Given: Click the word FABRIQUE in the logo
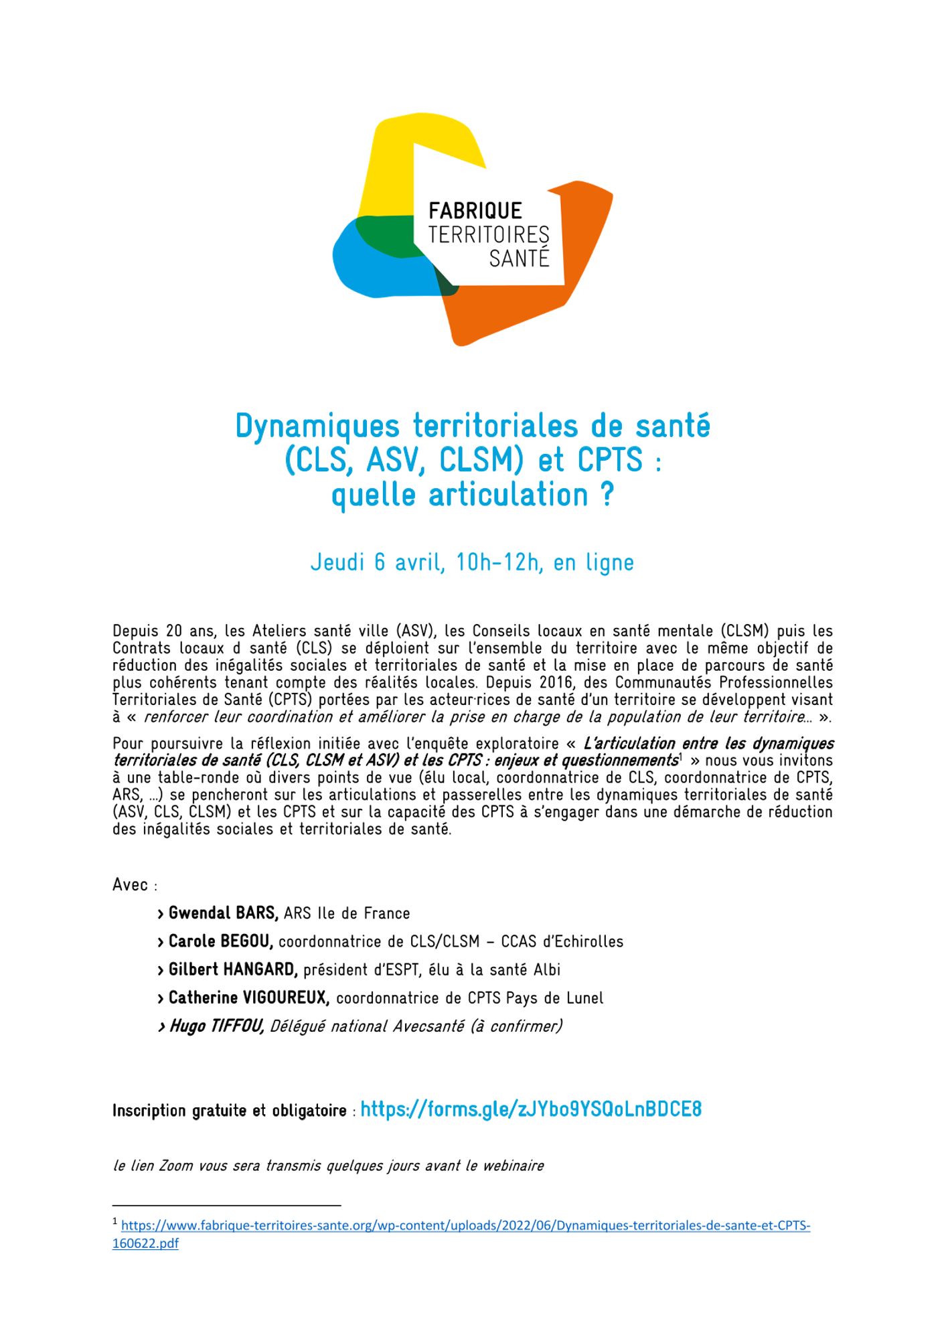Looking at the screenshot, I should point(475,211).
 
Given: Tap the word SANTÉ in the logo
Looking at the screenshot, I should point(519,258).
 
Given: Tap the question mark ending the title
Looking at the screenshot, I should point(606,495).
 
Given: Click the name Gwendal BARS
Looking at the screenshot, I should point(223,913).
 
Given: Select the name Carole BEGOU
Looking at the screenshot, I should point(220,941).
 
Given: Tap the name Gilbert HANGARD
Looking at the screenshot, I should point(233,969).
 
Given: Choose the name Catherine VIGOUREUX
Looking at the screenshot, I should point(248,998).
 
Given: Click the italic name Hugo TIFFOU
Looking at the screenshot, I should point(216,1026).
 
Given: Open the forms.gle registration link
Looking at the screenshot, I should point(531,1110).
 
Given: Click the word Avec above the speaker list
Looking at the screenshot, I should point(131,885).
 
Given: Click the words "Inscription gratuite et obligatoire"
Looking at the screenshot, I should point(229,1111).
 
